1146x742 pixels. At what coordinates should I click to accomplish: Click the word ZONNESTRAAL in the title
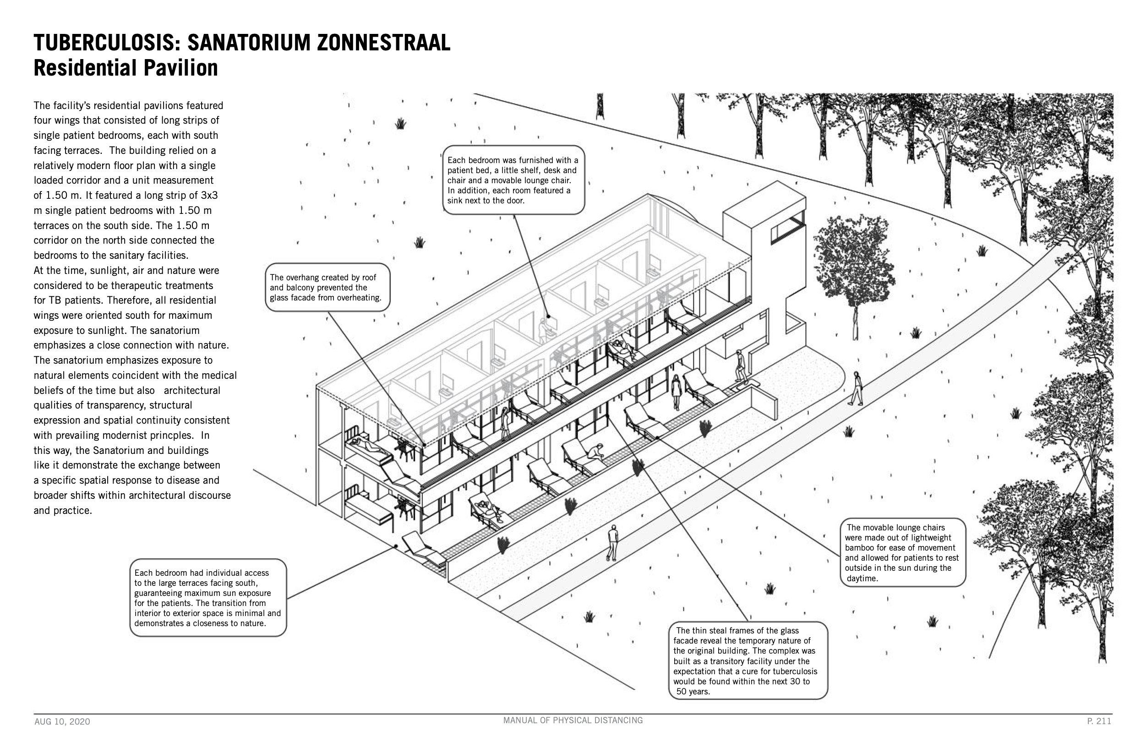pos(383,43)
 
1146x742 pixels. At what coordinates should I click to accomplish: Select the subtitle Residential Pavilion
pos(126,67)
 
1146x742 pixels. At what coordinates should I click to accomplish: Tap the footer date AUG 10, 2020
pos(62,722)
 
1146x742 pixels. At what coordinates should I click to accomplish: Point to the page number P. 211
pos(1099,721)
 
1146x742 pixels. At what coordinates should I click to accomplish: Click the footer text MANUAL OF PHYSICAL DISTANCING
pos(573,720)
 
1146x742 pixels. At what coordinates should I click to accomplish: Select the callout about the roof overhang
pos(327,288)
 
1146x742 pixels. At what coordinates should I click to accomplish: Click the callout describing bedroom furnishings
pos(513,180)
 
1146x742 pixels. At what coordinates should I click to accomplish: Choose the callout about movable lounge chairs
pos(903,553)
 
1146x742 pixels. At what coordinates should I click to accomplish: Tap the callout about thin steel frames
pos(748,660)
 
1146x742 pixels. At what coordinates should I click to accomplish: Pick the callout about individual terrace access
pos(208,598)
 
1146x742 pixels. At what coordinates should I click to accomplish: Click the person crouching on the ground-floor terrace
pos(595,452)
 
